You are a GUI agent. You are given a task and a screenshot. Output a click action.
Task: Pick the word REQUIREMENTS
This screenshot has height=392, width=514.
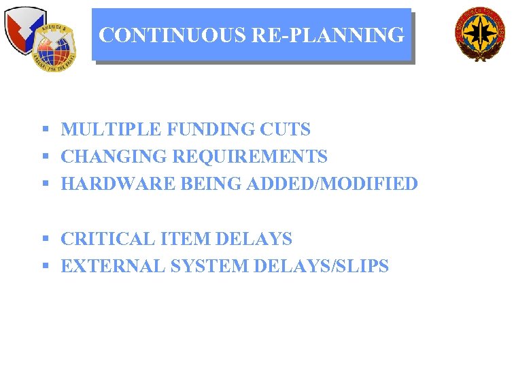click(250, 157)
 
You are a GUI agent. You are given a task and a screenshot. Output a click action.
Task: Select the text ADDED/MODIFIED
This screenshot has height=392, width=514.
click(332, 184)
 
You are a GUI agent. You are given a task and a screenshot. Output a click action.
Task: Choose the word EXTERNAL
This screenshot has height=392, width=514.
click(113, 267)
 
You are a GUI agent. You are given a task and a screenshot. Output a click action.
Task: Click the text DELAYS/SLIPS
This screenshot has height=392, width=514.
click(321, 267)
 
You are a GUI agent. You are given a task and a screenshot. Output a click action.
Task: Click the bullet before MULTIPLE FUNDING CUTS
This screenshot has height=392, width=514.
click(45, 129)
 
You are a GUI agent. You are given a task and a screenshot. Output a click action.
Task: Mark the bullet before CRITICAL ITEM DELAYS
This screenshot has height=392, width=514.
click(45, 240)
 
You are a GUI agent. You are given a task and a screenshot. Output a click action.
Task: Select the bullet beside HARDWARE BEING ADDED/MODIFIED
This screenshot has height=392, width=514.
click(45, 184)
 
